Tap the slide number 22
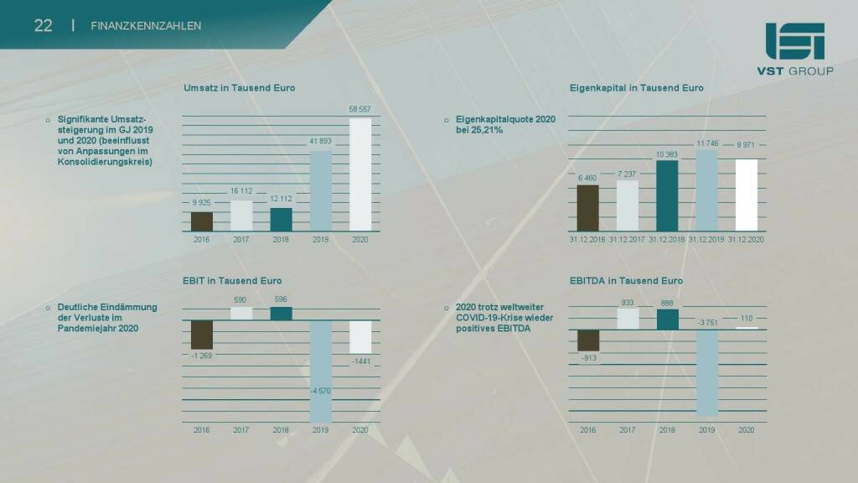point(44,25)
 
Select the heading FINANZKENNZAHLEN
point(146,26)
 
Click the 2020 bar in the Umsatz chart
point(360,174)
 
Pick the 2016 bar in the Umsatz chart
point(202,221)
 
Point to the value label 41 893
point(321,141)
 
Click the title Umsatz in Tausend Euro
point(240,88)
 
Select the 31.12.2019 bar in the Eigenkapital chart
point(706,191)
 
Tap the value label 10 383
point(667,154)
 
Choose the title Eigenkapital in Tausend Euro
point(636,88)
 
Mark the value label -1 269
point(202,356)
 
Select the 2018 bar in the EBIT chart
point(282,313)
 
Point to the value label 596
point(282,299)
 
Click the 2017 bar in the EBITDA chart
point(628,319)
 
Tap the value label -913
point(588,358)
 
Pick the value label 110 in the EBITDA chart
point(746,318)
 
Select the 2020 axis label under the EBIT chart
point(360,430)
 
